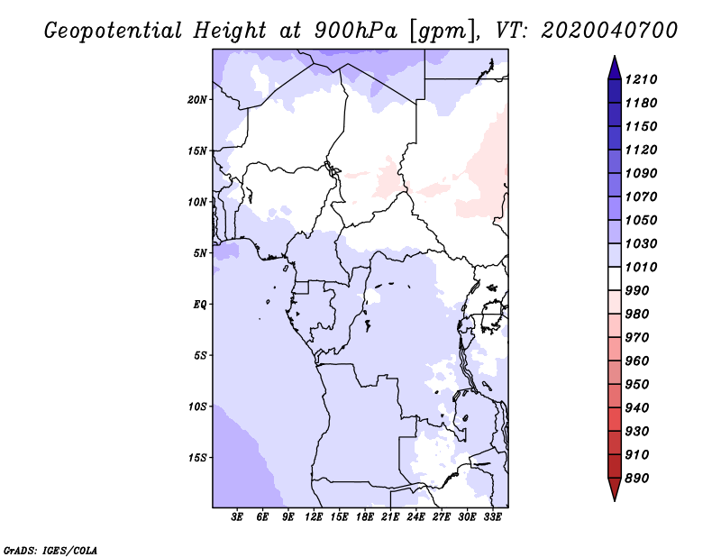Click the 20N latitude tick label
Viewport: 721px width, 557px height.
tap(197, 100)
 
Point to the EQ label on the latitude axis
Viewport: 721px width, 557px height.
tap(200, 305)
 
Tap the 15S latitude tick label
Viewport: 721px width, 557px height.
tap(197, 458)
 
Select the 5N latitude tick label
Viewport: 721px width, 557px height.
tap(200, 253)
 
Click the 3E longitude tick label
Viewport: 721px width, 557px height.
tap(237, 517)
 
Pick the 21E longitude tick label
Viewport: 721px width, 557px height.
tap(390, 517)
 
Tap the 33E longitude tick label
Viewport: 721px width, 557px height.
tap(492, 517)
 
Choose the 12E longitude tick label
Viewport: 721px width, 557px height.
tap(314, 517)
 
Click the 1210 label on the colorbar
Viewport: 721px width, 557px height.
tap(641, 79)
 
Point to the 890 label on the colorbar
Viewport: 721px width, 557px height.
tap(637, 479)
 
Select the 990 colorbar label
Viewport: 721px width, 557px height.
tap(637, 291)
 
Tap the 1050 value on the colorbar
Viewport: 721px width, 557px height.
tap(641, 220)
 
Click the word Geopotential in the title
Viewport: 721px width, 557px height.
tap(114, 32)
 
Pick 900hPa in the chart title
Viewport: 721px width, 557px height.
tap(355, 31)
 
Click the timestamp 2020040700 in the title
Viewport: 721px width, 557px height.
tap(609, 31)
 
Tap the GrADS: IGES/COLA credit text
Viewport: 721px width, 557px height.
tap(50, 551)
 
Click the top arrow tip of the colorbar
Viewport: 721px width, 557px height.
tap(615, 56)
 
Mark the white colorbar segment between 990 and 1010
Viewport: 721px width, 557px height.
tap(615, 278)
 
